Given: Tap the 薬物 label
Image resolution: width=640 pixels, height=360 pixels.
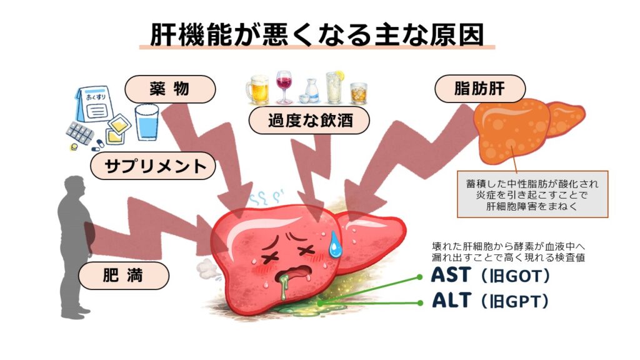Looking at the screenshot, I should click(x=170, y=89).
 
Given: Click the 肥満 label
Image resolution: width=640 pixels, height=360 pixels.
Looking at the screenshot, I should click(x=124, y=276).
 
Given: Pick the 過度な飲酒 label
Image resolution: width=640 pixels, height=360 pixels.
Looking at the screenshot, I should click(x=301, y=120).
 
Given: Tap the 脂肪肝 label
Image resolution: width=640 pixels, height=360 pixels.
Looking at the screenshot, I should click(x=480, y=89).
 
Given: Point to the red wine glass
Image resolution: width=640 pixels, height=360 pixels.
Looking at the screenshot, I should click(x=284, y=87).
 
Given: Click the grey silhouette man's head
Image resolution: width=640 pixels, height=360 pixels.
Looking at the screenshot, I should click(x=74, y=187).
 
